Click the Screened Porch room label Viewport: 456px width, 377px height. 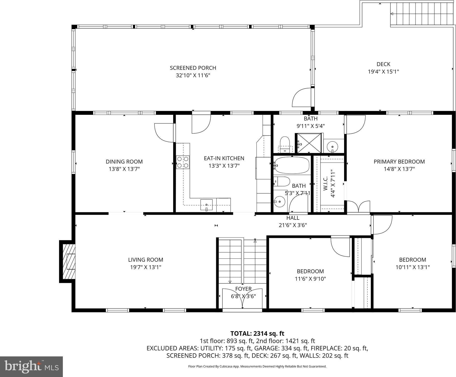(x=193, y=68)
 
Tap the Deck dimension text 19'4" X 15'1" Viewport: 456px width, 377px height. (x=383, y=72)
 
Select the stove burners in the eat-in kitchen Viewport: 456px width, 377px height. (x=183, y=162)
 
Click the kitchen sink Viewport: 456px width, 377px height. (x=206, y=204)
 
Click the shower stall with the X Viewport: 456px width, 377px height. (x=309, y=143)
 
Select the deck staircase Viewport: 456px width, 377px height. (x=422, y=14)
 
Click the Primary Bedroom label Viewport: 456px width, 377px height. (x=399, y=161)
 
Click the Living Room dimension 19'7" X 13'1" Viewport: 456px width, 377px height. (x=146, y=267)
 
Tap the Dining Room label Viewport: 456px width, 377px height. (x=124, y=161)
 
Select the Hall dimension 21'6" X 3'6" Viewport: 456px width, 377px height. (x=293, y=225)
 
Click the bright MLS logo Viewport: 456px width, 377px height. (x=31, y=366)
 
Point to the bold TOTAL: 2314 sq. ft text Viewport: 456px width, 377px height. (x=257, y=334)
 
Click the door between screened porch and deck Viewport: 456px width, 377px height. (x=302, y=97)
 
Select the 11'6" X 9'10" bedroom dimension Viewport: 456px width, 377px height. (x=310, y=279)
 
